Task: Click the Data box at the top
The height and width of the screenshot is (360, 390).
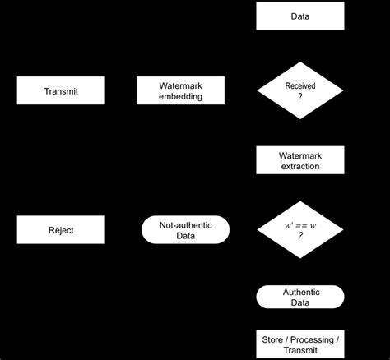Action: pyautogui.click(x=300, y=16)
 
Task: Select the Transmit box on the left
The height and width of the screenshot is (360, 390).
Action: pyautogui.click(x=61, y=91)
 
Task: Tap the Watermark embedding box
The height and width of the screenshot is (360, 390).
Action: pyautogui.click(x=181, y=91)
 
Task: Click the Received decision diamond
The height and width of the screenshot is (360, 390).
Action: pyautogui.click(x=300, y=91)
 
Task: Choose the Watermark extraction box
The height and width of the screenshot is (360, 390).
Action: pyautogui.click(x=300, y=160)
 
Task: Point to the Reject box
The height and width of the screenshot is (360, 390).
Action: pyautogui.click(x=61, y=230)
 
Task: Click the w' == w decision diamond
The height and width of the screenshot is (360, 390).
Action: pyautogui.click(x=300, y=229)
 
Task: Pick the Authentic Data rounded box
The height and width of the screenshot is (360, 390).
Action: pyautogui.click(x=300, y=297)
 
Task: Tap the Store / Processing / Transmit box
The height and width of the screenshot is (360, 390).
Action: pyautogui.click(x=300, y=344)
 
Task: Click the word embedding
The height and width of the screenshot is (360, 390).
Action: pyautogui.click(x=181, y=97)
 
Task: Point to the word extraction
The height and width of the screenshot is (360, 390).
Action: pyautogui.click(x=300, y=167)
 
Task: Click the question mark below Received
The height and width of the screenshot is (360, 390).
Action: pyautogui.click(x=300, y=97)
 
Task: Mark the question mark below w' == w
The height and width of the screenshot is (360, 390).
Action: pyautogui.click(x=300, y=236)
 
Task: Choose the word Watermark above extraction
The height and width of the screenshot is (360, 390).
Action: pyautogui.click(x=300, y=155)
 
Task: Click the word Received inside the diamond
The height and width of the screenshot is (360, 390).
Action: pyautogui.click(x=300, y=85)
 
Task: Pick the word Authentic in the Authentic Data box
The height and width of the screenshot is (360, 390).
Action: pyautogui.click(x=300, y=291)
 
